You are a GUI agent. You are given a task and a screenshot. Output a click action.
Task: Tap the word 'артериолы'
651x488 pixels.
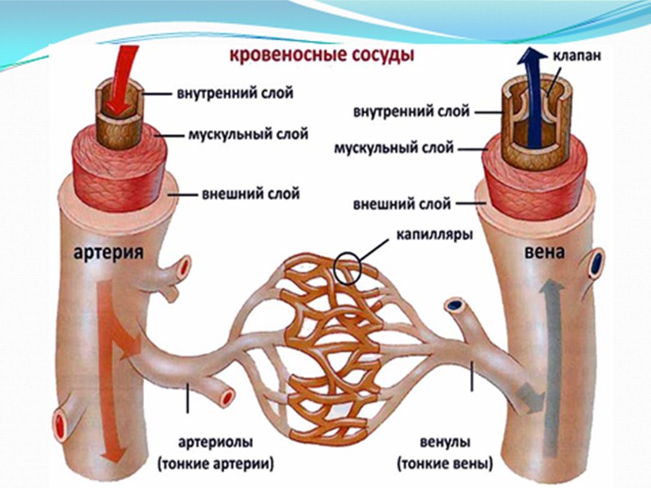pos(221,443)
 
